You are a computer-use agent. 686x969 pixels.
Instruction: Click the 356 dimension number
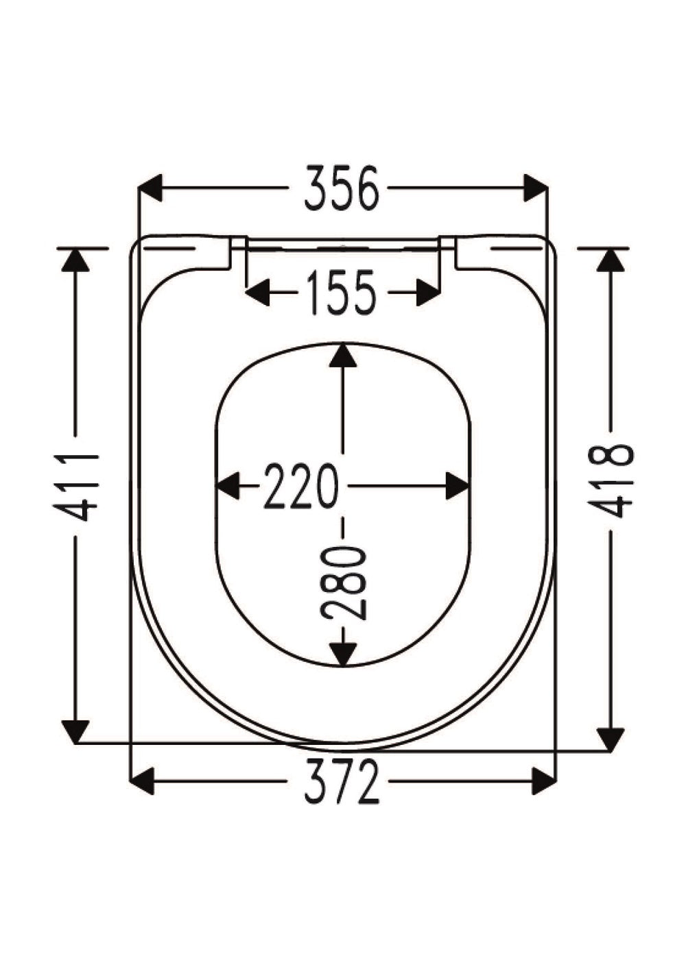point(341,188)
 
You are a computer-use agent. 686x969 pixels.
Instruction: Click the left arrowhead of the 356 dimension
point(150,188)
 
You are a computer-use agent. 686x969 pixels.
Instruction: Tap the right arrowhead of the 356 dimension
point(536,188)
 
